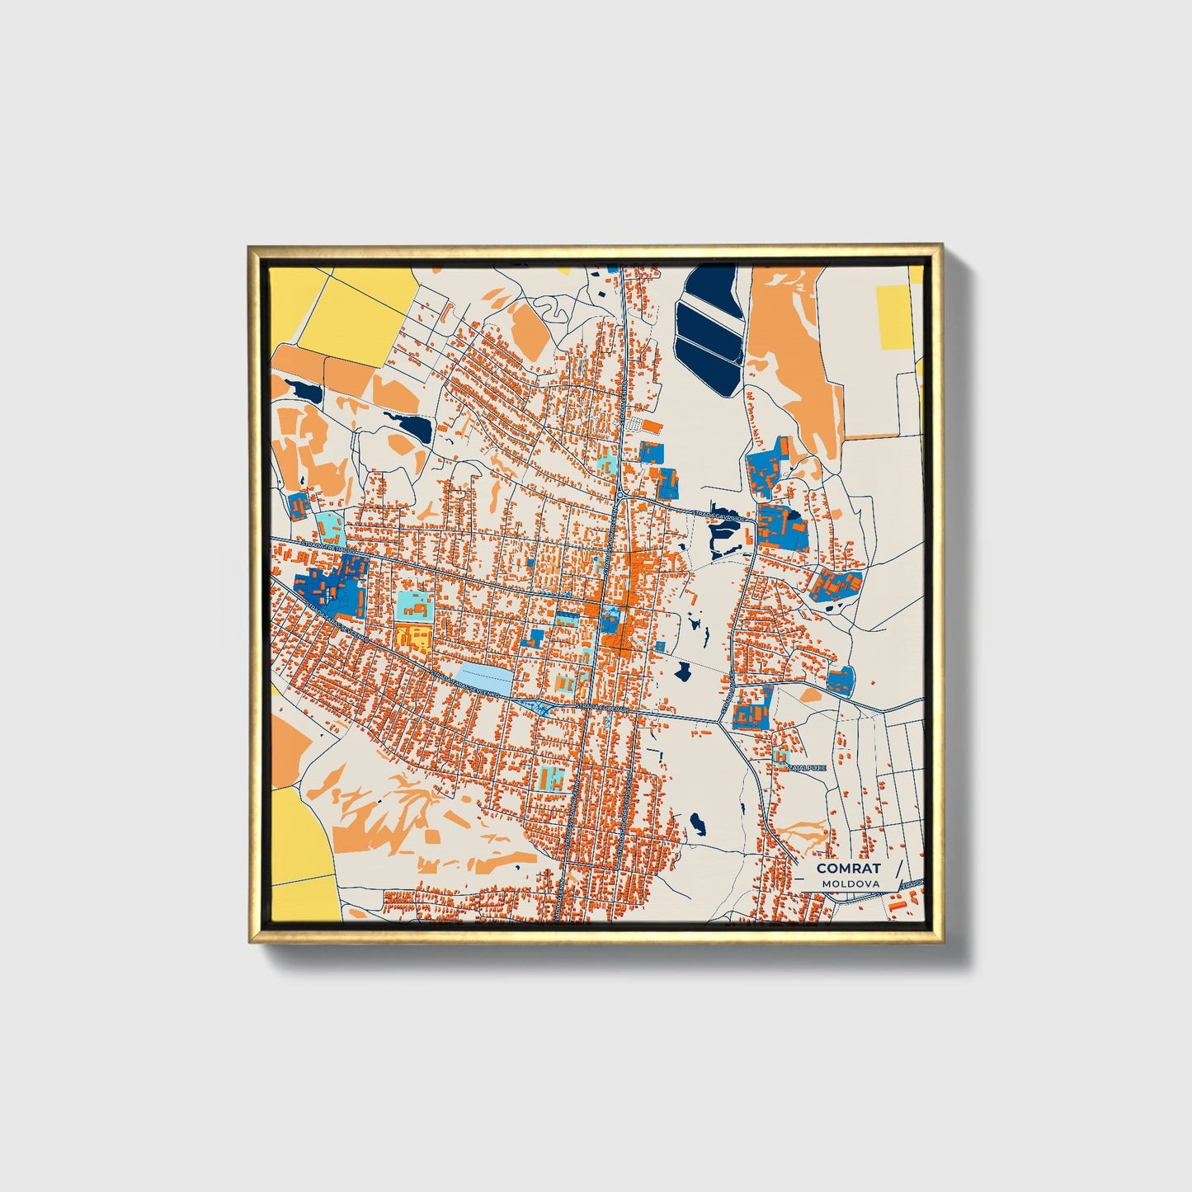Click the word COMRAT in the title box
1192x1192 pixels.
(848, 868)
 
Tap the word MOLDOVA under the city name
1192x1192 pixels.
(850, 883)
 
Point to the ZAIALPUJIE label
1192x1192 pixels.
(808, 767)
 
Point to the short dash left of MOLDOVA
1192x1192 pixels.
(813, 884)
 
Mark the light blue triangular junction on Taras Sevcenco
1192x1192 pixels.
(541, 707)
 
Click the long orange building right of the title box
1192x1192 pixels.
(895, 906)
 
